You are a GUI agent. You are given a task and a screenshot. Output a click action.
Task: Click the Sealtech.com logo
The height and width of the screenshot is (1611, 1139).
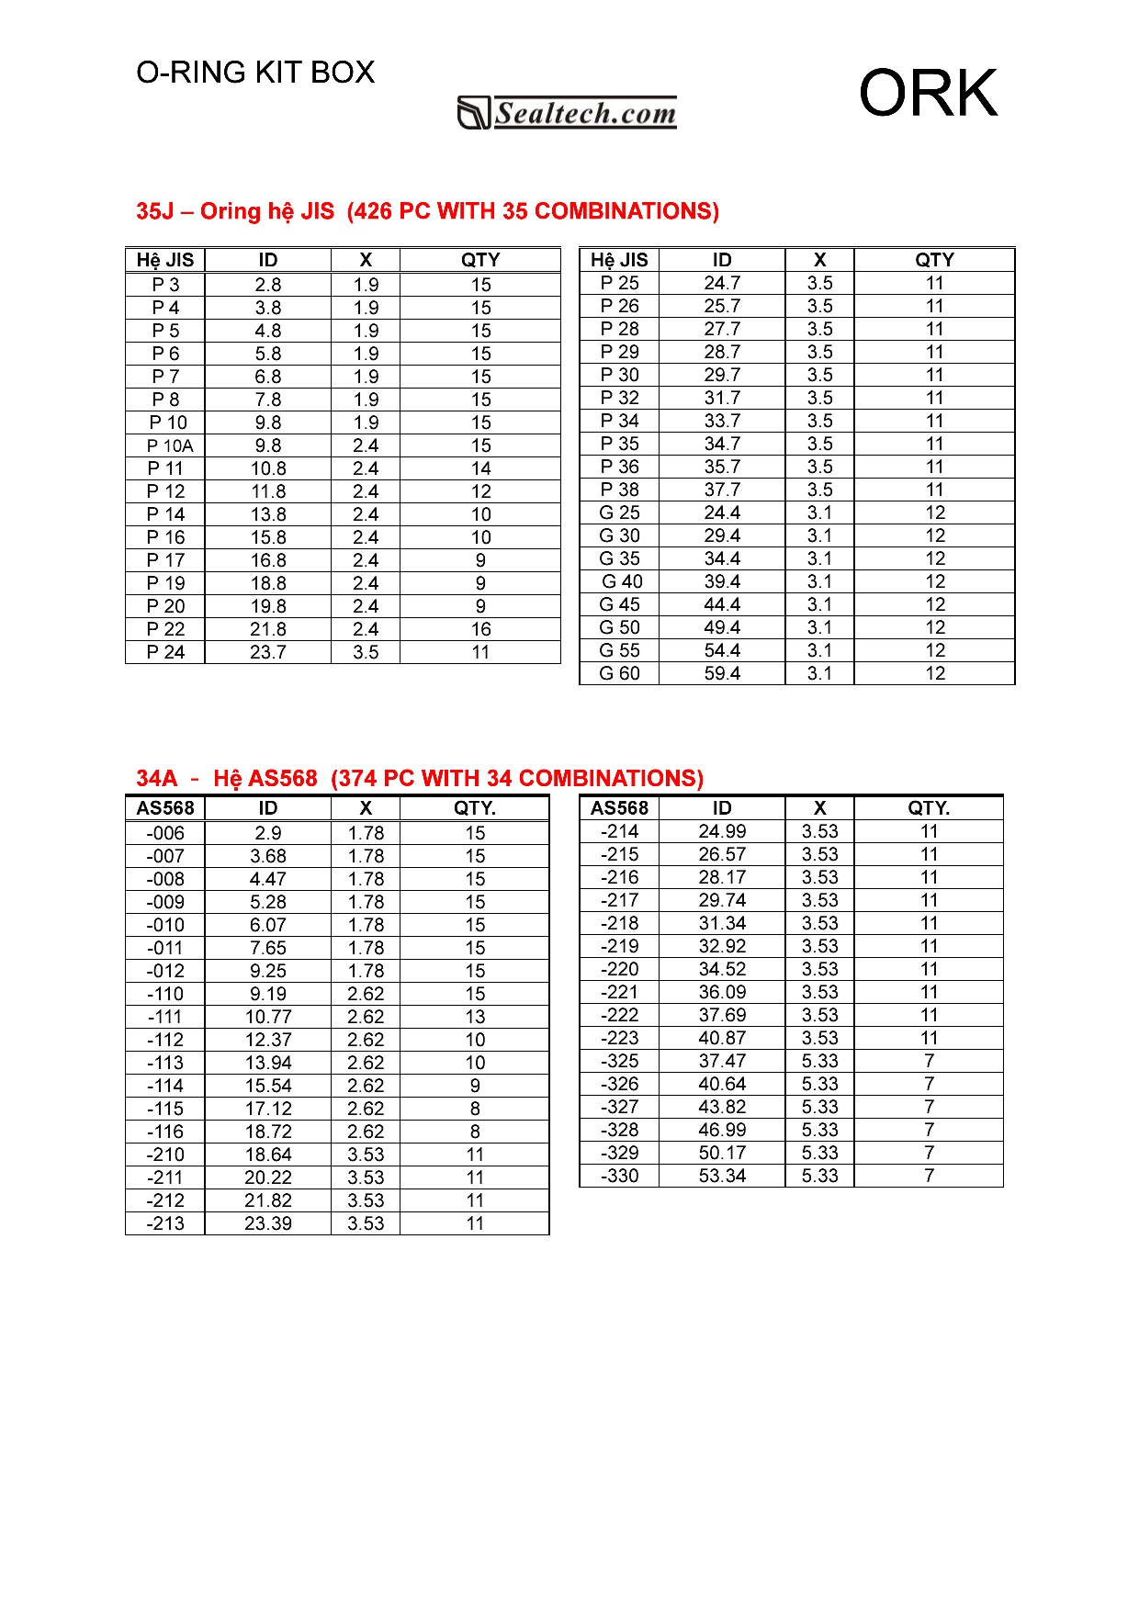[568, 113]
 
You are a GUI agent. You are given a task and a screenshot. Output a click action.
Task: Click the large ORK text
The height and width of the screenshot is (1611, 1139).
[928, 93]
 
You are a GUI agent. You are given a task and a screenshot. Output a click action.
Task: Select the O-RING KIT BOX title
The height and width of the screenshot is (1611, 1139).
[255, 73]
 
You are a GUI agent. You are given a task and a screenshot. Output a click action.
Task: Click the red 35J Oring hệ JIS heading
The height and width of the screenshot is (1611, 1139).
[427, 211]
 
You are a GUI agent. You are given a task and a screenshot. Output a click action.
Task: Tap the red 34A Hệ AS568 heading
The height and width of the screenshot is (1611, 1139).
[420, 779]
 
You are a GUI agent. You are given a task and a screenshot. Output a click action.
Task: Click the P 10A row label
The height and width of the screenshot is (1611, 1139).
[170, 445]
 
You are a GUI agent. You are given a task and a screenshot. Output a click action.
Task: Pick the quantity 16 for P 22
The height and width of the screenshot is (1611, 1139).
[480, 629]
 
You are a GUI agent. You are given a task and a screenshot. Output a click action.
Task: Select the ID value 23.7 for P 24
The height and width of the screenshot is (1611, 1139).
[268, 652]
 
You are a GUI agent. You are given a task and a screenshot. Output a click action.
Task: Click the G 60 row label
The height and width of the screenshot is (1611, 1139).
[619, 673]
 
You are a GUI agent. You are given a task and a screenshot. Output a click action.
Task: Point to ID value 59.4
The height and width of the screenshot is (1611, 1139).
[722, 673]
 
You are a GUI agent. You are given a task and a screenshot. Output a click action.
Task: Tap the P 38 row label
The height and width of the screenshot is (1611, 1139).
[619, 490]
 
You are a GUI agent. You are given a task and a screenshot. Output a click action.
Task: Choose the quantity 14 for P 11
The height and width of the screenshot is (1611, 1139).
[480, 468]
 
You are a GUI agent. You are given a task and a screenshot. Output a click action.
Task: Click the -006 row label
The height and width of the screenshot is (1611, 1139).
[165, 833]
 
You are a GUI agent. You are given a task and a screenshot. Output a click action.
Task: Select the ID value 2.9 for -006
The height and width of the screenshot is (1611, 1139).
[268, 833]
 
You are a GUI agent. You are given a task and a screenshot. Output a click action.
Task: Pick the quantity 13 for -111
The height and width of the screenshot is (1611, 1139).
[475, 1017]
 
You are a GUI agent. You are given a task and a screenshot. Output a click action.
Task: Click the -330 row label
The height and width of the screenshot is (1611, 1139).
[619, 1176]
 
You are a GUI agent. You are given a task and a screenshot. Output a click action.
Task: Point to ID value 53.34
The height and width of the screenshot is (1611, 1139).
[722, 1176]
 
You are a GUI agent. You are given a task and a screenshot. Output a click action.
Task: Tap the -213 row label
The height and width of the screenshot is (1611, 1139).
[165, 1223]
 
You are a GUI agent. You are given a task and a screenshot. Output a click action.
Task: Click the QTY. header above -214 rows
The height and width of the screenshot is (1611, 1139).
[929, 808]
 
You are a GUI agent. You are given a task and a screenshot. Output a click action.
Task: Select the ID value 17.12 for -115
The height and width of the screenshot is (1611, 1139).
[268, 1109]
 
